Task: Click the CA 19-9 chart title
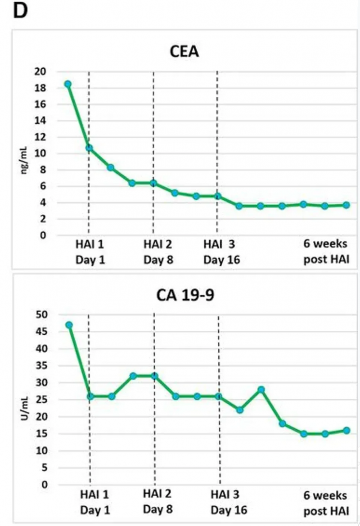[x=184, y=296]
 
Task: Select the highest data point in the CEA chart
[x=68, y=84]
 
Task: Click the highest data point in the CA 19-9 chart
[x=69, y=325]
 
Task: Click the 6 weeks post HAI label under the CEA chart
[x=325, y=252]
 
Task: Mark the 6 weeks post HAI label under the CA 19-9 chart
[x=325, y=503]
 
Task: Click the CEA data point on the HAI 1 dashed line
[x=89, y=148]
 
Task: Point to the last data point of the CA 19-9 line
[x=346, y=431]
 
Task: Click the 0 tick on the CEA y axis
[x=42, y=235]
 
